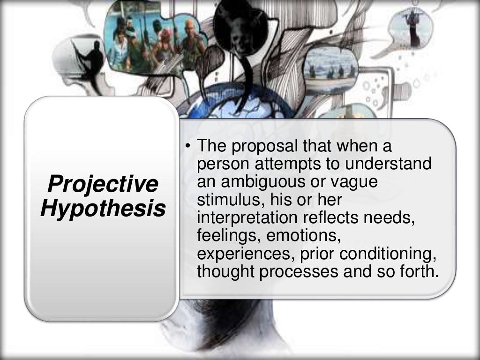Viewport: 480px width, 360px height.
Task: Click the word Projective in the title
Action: [103, 184]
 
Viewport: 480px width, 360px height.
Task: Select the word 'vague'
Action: [353, 181]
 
